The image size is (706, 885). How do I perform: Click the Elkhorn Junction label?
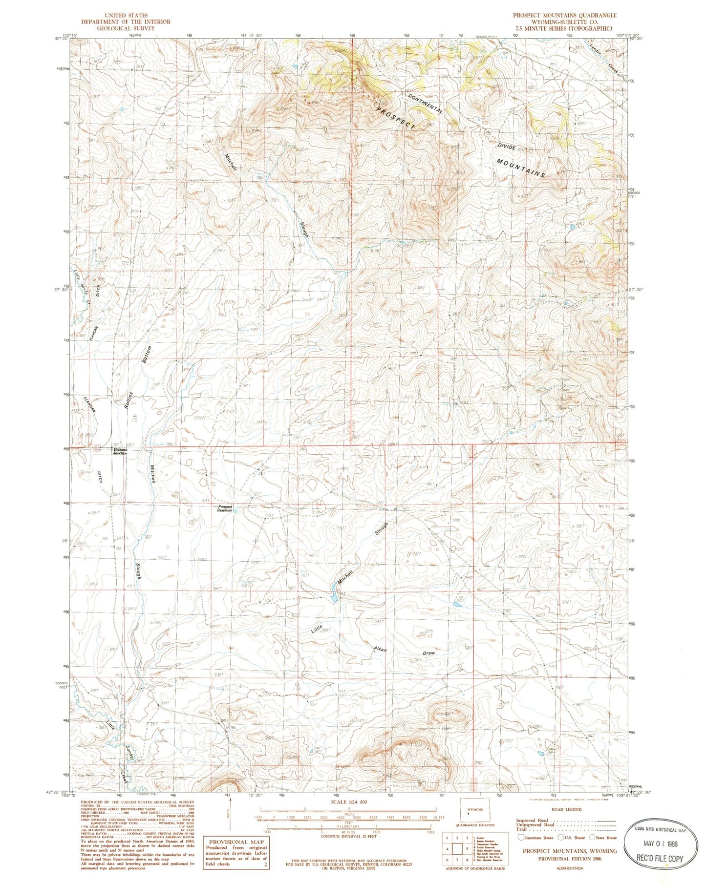(x=120, y=451)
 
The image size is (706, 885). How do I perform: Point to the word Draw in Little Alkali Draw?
(x=428, y=653)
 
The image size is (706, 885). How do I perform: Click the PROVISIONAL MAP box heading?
(x=236, y=842)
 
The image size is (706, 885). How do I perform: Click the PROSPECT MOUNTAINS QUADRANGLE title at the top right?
(x=564, y=15)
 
